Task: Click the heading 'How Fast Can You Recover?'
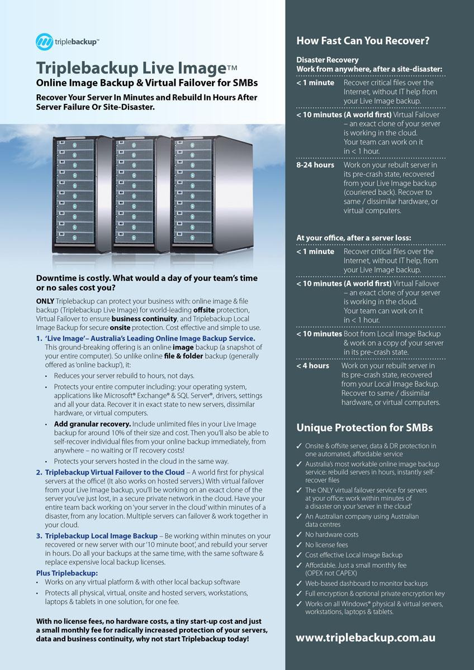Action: point(363,40)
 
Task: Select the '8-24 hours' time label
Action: point(315,165)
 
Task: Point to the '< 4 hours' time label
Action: point(313,366)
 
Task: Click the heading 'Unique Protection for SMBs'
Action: point(364,428)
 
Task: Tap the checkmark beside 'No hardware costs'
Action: point(299,535)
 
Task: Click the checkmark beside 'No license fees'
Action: point(299,545)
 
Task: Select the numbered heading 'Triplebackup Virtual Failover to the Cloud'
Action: point(115,472)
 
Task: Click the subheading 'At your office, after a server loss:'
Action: point(353,238)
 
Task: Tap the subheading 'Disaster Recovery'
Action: point(328,60)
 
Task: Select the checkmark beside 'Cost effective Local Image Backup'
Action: point(299,556)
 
